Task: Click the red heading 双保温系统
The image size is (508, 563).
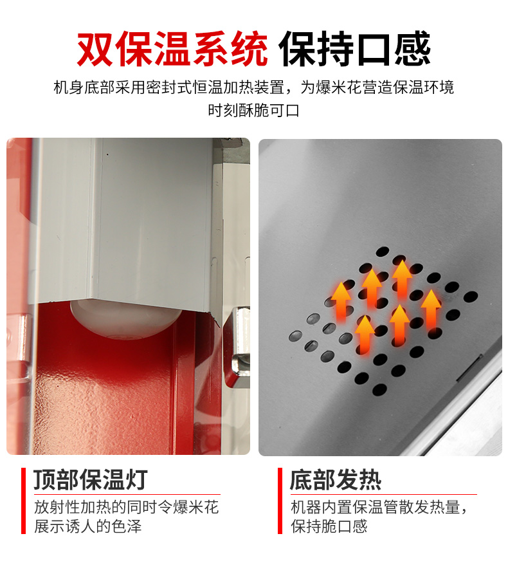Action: pyautogui.click(x=172, y=48)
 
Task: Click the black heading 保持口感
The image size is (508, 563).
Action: pyautogui.click(x=354, y=48)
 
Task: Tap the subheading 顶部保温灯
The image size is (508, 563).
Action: pyautogui.click(x=91, y=479)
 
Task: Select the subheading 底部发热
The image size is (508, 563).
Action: pyautogui.click(x=336, y=479)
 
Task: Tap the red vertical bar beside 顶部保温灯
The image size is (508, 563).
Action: pyautogui.click(x=23, y=501)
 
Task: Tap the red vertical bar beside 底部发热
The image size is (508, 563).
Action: pyautogui.click(x=280, y=501)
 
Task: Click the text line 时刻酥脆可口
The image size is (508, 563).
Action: pyautogui.click(x=253, y=110)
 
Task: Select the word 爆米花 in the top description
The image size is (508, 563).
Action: pyautogui.click(x=339, y=88)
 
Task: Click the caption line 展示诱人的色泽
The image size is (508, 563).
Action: pyautogui.click(x=88, y=526)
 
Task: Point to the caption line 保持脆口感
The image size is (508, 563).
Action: pyautogui.click(x=329, y=526)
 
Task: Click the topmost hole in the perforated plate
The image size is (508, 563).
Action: pyautogui.click(x=383, y=252)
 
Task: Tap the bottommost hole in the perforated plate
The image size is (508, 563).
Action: pyautogui.click(x=379, y=389)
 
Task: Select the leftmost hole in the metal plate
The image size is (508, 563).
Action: pyautogui.click(x=296, y=336)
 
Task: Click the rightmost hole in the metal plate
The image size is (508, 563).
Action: pyautogui.click(x=471, y=297)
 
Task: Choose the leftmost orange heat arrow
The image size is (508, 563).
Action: pyautogui.click(x=341, y=301)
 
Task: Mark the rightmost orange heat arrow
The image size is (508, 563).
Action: pyautogui.click(x=430, y=309)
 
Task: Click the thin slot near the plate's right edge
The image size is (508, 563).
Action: pyautogui.click(x=469, y=367)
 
